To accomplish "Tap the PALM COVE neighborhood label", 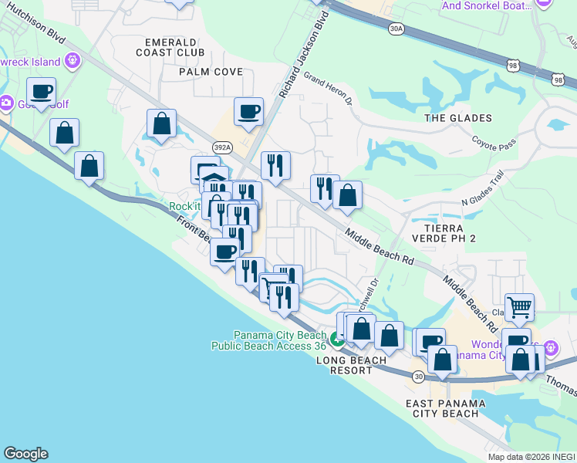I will [x=211, y=72].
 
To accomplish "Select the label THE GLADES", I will [x=458, y=118].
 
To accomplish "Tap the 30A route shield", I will [x=396, y=29].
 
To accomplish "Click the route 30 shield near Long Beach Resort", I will [x=418, y=377].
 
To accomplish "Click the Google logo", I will [x=25, y=454].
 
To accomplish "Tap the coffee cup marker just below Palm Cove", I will [x=248, y=112].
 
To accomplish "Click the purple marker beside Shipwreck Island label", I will [x=73, y=59].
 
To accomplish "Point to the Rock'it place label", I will [x=184, y=206].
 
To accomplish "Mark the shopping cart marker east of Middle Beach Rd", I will [x=519, y=307].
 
